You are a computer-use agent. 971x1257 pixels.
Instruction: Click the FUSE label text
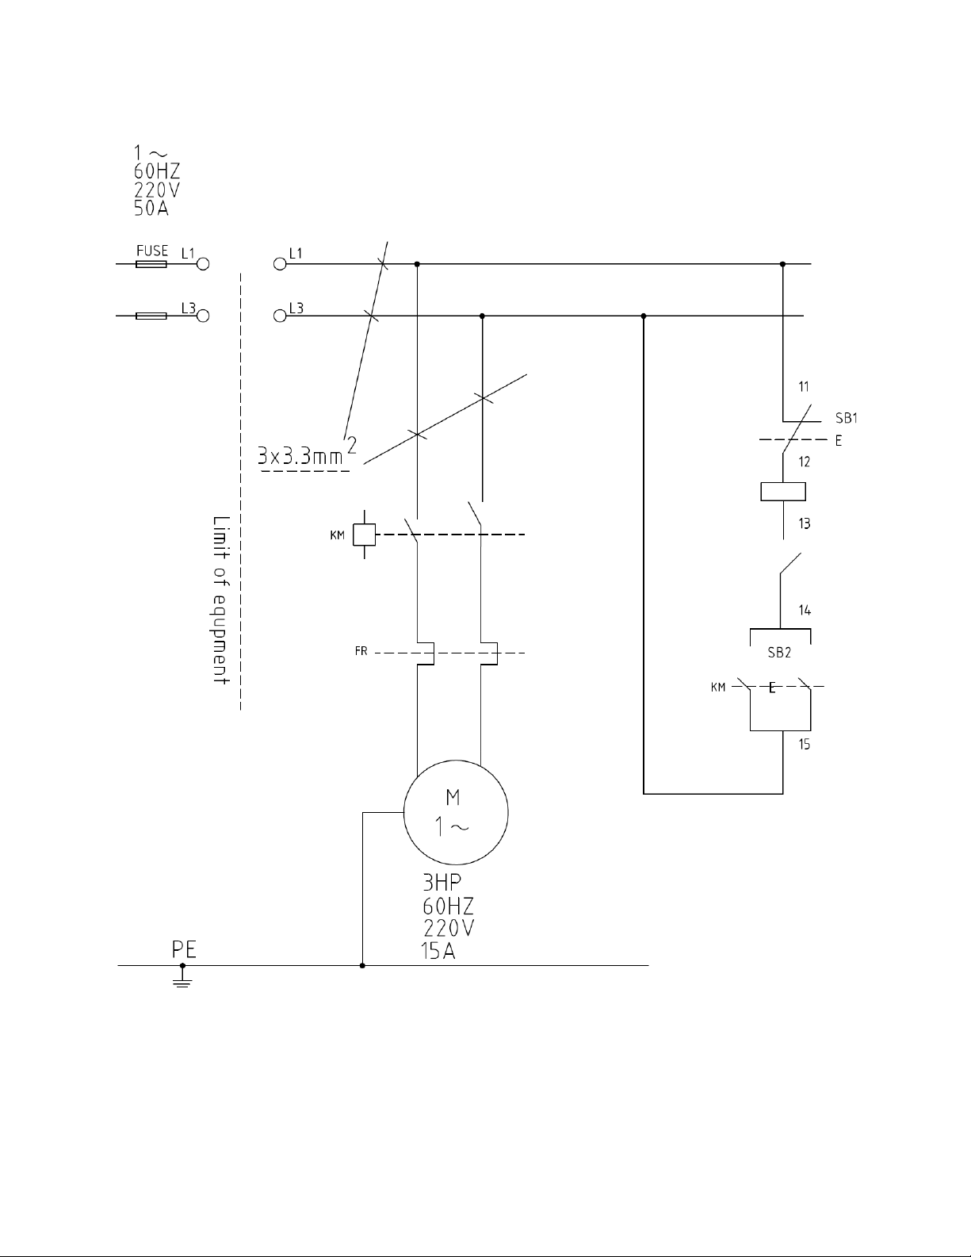(x=152, y=251)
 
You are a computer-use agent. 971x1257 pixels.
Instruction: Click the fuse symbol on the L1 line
(x=151, y=264)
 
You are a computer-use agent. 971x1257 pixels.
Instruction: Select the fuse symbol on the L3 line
(x=151, y=316)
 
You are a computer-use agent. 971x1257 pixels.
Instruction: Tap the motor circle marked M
(x=456, y=761)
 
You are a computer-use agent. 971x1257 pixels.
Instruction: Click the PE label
(x=184, y=949)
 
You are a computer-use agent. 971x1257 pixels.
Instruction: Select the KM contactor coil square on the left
(x=364, y=535)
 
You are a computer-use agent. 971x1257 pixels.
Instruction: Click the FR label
(x=361, y=651)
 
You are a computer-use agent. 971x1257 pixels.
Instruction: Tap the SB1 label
(x=847, y=418)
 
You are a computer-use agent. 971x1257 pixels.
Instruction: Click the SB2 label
(x=779, y=653)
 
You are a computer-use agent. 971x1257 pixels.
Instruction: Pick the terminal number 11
(x=804, y=386)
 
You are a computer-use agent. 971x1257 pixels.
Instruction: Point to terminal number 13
(x=805, y=523)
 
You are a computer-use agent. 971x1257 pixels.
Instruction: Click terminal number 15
(x=805, y=744)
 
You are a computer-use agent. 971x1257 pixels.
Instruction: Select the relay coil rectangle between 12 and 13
(x=783, y=491)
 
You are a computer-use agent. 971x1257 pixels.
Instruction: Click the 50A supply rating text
(x=151, y=209)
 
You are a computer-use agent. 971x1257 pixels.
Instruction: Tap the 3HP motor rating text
(x=442, y=882)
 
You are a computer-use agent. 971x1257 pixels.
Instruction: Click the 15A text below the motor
(x=438, y=952)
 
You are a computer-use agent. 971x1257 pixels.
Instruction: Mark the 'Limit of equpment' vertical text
(x=221, y=600)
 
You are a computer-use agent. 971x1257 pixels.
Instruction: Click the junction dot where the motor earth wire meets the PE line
(x=362, y=965)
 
